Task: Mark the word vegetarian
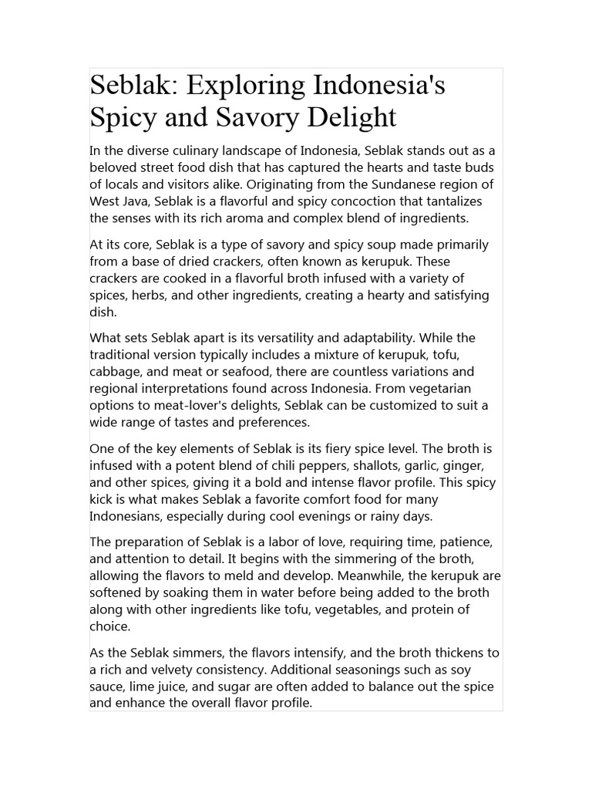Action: click(x=437, y=389)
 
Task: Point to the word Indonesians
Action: click(x=129, y=516)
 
